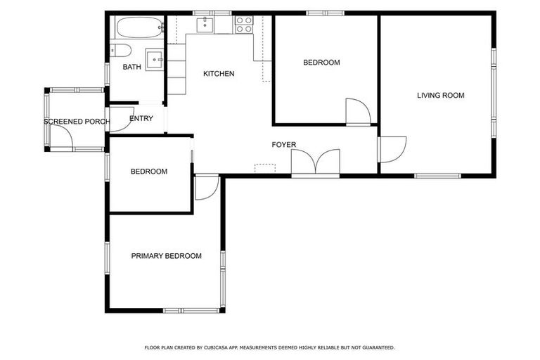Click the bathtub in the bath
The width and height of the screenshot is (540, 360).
pos(139,28)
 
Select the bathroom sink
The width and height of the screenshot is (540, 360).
pos(154,57)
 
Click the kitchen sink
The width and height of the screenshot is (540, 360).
pos(205,25)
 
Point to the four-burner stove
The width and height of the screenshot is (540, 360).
pos(243,25)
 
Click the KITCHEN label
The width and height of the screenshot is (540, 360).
pos(219,74)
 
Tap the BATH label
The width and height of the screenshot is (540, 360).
pos(131,67)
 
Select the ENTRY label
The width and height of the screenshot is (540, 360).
pos(141,118)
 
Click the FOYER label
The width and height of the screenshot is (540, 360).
pos(284,145)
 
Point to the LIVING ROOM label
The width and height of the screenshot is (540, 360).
pos(440,96)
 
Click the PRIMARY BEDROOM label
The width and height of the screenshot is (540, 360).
pos(166,256)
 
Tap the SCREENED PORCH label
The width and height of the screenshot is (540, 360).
pos(76,122)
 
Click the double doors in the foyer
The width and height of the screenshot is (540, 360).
pos(316,162)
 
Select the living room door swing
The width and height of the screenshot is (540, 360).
pos(390,148)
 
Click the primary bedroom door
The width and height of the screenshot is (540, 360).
pos(206,188)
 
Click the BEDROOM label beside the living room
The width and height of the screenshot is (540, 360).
pos(321,63)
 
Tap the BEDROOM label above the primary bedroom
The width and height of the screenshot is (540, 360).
pos(149,172)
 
